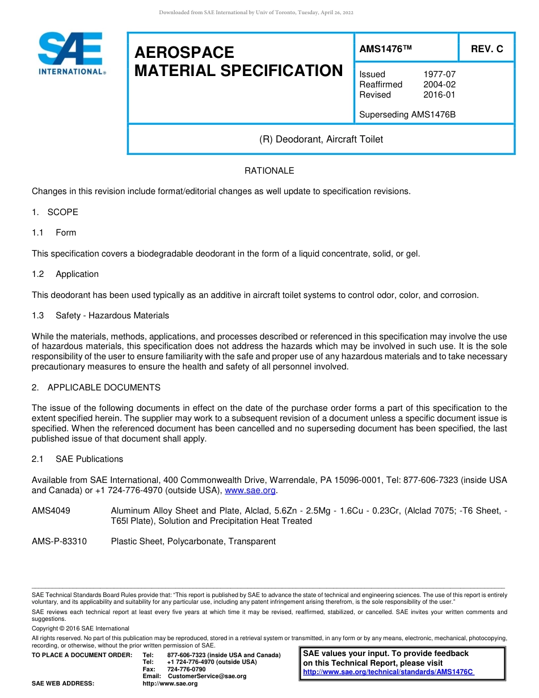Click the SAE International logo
70,53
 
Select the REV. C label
487,49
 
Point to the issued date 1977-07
439,74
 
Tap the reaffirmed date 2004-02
439,85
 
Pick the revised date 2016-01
439,95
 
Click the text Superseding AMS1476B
407,115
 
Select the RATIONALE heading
269,171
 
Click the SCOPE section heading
62,212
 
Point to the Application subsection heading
77,274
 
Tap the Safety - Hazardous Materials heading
112,316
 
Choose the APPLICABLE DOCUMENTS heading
104,388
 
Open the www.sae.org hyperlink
250,490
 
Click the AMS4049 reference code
51,511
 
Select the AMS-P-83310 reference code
60,541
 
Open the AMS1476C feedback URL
389,672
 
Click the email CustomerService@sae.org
207,676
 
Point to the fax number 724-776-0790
186,669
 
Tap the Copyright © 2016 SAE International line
81,628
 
